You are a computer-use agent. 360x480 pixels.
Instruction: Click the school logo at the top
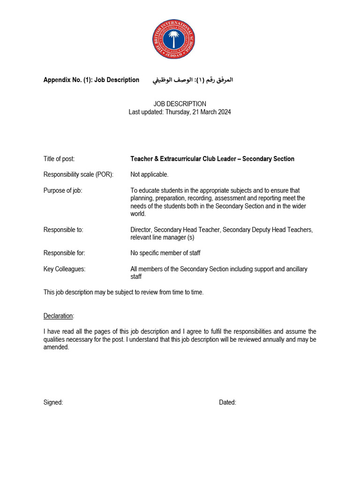click(173, 39)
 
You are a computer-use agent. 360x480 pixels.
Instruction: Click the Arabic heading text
click(193, 80)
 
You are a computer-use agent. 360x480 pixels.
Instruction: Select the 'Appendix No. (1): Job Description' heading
click(91, 80)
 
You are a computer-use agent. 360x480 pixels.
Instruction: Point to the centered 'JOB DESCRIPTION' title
click(180, 104)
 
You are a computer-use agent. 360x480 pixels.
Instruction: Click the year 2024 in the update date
click(224, 112)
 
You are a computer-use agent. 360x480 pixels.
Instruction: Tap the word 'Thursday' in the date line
click(177, 112)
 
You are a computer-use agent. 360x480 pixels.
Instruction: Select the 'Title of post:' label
click(59, 159)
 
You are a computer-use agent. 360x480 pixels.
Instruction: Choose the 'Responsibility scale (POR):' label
click(79, 174)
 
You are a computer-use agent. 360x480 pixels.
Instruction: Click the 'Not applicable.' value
click(150, 174)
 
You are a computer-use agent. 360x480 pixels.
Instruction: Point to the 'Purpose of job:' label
click(63, 190)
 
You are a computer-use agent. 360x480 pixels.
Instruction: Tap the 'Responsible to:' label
click(63, 230)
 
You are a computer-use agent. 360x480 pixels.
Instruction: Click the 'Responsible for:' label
click(64, 253)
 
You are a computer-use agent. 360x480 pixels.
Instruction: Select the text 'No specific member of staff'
click(165, 253)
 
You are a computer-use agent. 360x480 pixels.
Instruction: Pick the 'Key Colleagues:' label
click(65, 269)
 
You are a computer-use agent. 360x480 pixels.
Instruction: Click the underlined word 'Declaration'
click(59, 316)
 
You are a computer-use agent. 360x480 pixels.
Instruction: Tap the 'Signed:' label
click(53, 402)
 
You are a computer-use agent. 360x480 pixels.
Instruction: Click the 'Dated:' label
click(227, 402)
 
